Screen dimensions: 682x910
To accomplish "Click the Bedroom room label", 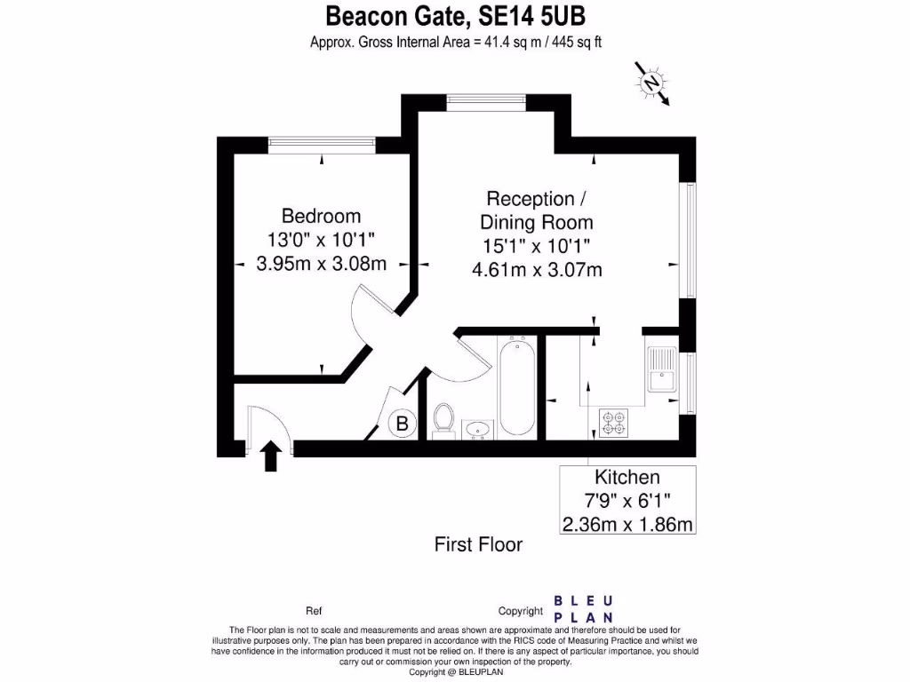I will (x=321, y=216).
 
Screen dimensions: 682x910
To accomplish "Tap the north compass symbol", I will (x=653, y=83).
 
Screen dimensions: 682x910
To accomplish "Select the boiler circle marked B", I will (x=402, y=424).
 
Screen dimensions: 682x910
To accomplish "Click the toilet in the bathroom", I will (x=443, y=419).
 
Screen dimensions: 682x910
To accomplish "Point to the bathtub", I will (x=516, y=388).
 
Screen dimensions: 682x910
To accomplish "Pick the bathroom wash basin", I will (x=479, y=429).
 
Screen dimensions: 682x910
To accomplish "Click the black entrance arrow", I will (x=272, y=456).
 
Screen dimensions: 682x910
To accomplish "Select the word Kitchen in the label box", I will (x=627, y=477).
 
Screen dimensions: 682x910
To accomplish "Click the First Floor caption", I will (x=478, y=544).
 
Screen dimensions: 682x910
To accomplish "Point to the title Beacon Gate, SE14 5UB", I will (x=456, y=16).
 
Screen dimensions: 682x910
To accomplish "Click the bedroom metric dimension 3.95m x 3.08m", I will (x=321, y=264).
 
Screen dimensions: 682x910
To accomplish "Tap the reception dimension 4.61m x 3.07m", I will (x=537, y=269).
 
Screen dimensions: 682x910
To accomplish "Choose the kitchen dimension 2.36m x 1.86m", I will (x=627, y=524).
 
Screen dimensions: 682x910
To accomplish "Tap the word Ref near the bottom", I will (x=313, y=611).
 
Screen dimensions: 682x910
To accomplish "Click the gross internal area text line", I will (x=456, y=42).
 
